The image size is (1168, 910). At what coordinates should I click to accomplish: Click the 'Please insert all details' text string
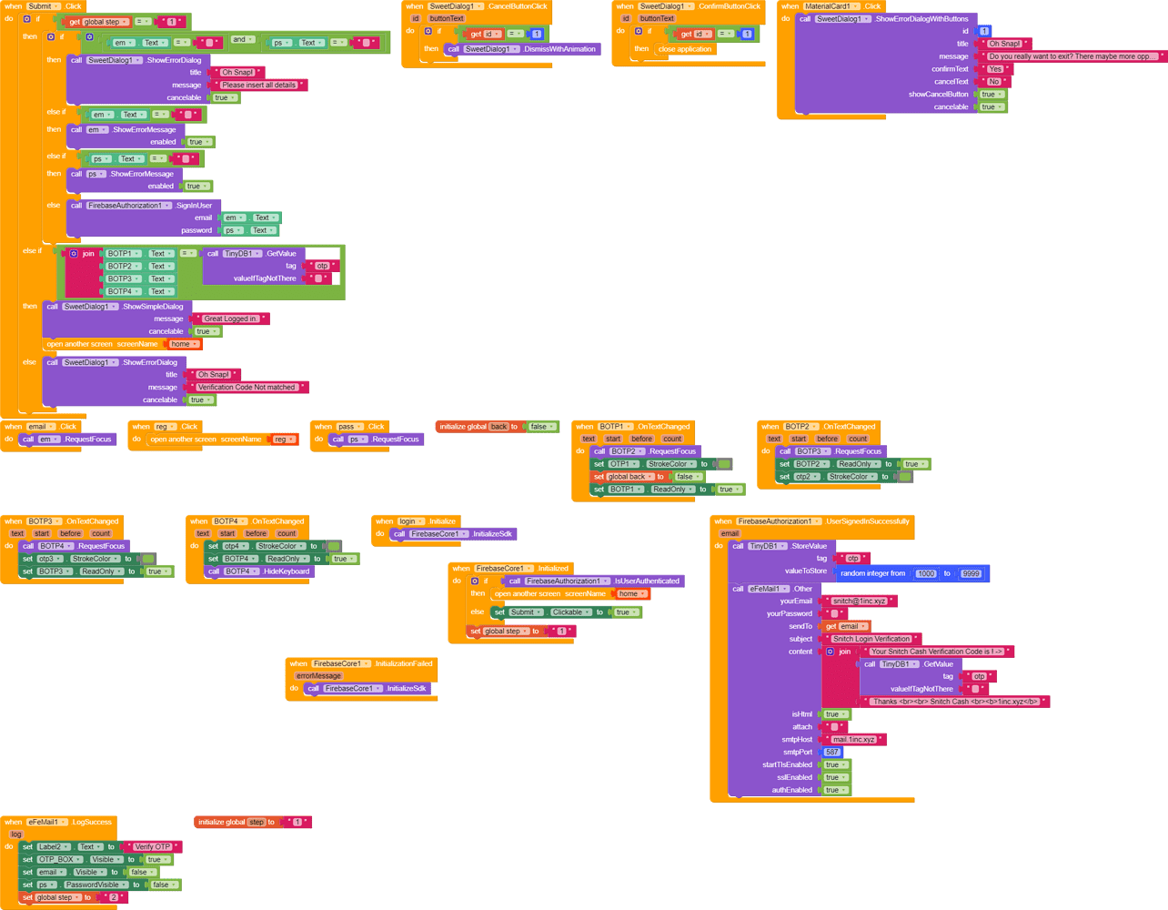pyautogui.click(x=258, y=85)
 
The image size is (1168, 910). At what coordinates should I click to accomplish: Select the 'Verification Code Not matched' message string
pyautogui.click(x=247, y=387)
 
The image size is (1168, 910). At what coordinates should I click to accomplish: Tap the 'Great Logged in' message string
pyautogui.click(x=230, y=318)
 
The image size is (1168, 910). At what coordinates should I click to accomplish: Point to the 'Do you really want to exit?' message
pyautogui.click(x=1073, y=56)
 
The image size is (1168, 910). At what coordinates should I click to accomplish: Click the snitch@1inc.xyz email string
pyautogui.click(x=859, y=601)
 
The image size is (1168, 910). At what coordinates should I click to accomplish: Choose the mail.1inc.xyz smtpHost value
pyautogui.click(x=854, y=739)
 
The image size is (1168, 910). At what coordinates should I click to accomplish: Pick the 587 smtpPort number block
pyautogui.click(x=831, y=752)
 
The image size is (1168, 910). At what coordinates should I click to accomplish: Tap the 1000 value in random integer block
pyautogui.click(x=926, y=573)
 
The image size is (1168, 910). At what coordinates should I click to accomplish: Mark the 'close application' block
pyautogui.click(x=685, y=49)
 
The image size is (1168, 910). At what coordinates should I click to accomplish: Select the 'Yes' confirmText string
pyautogui.click(x=995, y=69)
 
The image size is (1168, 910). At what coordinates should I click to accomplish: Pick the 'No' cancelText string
pyautogui.click(x=993, y=82)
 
